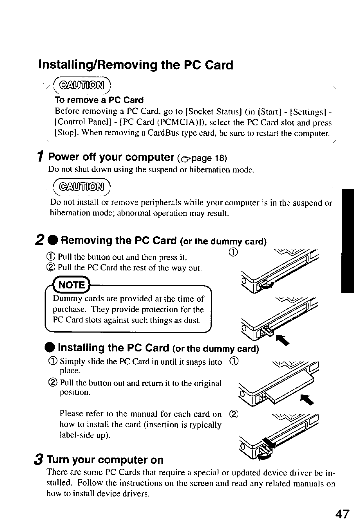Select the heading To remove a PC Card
(99, 100)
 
